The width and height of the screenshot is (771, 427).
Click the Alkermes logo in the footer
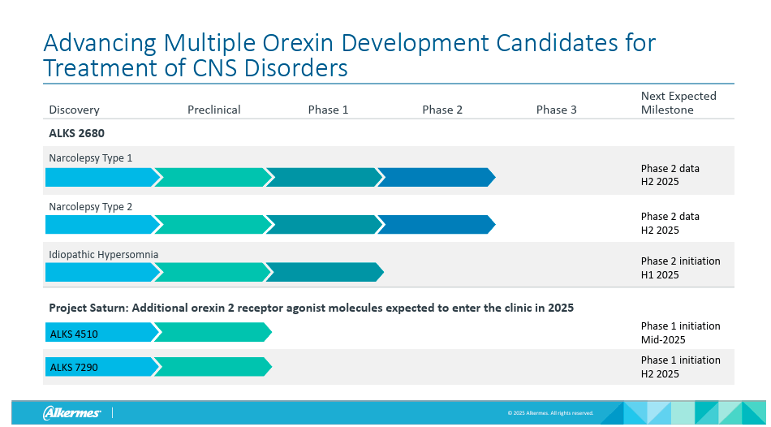[x=71, y=413]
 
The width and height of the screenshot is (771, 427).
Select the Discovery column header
[x=74, y=110]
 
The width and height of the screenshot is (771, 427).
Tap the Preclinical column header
[x=213, y=110]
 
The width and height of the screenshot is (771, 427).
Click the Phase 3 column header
[x=556, y=110]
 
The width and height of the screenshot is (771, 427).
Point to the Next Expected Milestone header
[x=678, y=102]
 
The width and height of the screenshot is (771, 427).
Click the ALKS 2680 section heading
[x=76, y=132]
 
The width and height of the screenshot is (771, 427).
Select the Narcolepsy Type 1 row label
[x=91, y=157]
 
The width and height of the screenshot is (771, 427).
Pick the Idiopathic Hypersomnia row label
[x=103, y=254]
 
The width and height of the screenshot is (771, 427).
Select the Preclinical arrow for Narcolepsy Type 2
[x=211, y=224]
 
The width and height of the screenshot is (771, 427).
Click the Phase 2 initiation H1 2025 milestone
[x=680, y=268]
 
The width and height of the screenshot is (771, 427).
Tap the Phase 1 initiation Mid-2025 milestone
[x=680, y=333]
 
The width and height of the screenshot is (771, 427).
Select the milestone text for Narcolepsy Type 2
[x=670, y=223]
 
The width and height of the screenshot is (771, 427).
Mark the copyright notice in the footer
[x=550, y=413]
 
